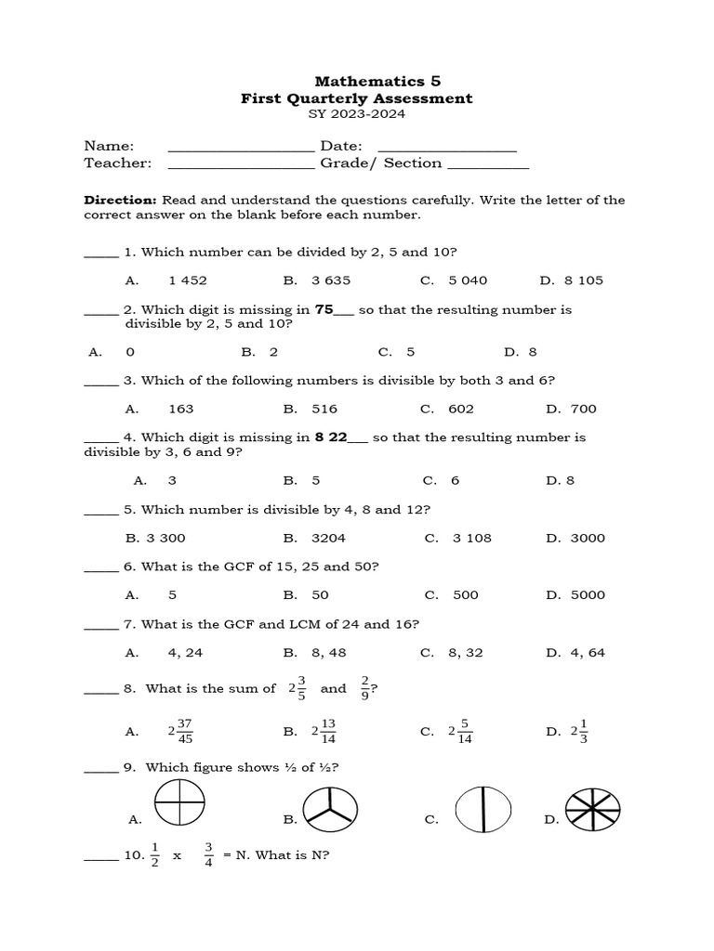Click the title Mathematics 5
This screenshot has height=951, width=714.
pyautogui.click(x=364, y=81)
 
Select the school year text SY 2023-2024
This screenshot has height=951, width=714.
pyautogui.click(x=356, y=114)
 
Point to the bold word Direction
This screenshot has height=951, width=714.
pyautogui.click(x=120, y=200)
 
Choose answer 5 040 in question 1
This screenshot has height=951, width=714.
pyautogui.click(x=468, y=280)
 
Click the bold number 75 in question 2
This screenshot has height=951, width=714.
pyautogui.click(x=324, y=309)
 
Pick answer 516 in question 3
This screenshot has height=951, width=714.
pyautogui.click(x=324, y=409)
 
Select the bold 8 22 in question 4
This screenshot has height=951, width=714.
pyautogui.click(x=330, y=437)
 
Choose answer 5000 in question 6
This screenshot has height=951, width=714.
pyautogui.click(x=588, y=595)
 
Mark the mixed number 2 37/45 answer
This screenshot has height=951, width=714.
pyautogui.click(x=180, y=732)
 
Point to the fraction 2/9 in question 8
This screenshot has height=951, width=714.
pyautogui.click(x=365, y=689)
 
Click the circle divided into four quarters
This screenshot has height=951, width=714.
pyautogui.click(x=180, y=801)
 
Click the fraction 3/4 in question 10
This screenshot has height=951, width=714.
pyautogui.click(x=209, y=853)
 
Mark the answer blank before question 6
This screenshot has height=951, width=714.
pyautogui.click(x=101, y=567)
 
